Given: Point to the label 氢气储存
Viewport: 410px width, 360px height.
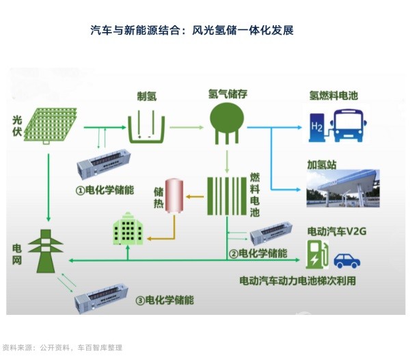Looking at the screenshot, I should [226, 92].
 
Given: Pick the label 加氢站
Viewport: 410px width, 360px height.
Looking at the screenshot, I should [321, 165].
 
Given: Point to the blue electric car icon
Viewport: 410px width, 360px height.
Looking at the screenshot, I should [347, 260].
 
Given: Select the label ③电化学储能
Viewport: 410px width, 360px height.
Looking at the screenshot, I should [164, 300].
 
